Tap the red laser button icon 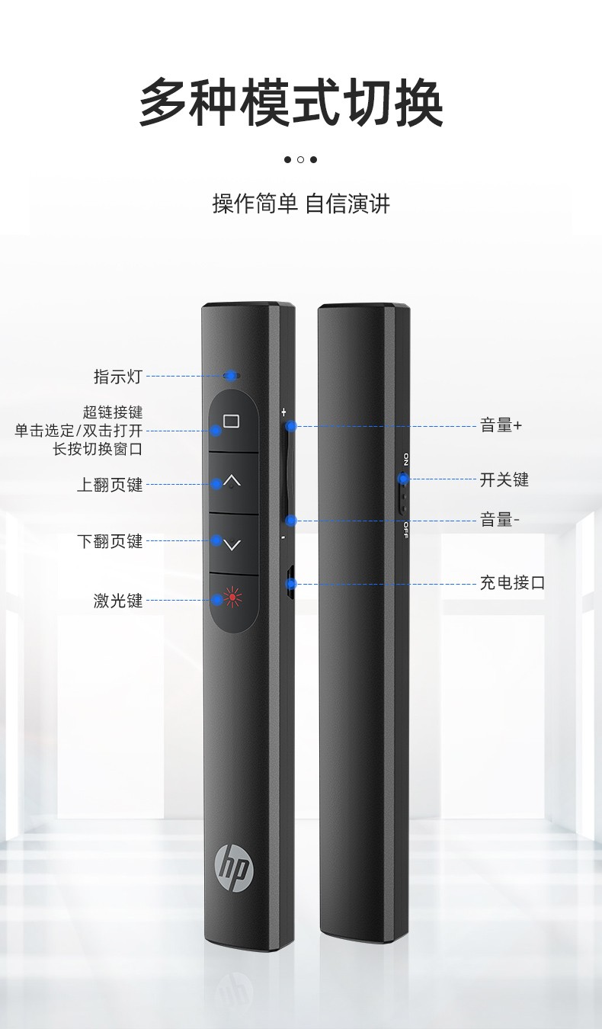click(232, 597)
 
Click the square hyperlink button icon click(232, 421)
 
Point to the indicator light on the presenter click(231, 376)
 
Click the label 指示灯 click(118, 377)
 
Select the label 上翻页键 click(110, 485)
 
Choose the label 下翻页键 click(110, 541)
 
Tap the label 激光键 click(118, 601)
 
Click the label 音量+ click(501, 425)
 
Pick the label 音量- click(500, 520)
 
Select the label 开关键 click(504, 479)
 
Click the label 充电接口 click(512, 582)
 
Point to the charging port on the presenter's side click(290, 583)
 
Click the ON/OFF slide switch click(402, 492)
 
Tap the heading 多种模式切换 click(291, 102)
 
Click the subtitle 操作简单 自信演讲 click(301, 204)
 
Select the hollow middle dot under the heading click(300, 160)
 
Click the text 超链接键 click(113, 412)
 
